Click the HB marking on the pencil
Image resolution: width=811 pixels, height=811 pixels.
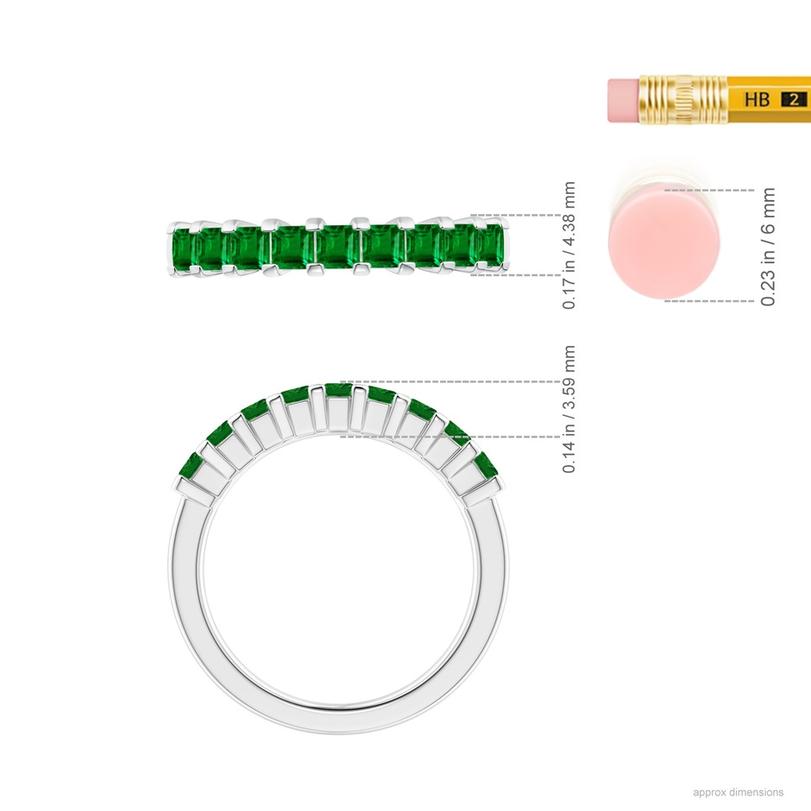[757, 99]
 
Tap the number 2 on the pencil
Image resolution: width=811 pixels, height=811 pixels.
[794, 99]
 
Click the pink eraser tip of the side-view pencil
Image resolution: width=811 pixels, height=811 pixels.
[624, 100]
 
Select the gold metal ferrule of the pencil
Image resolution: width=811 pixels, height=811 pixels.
[683, 100]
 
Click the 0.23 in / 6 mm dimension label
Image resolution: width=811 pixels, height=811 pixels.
[768, 247]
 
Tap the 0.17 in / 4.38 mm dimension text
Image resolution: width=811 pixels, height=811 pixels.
[569, 246]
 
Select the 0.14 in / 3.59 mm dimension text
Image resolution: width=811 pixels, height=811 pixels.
[569, 409]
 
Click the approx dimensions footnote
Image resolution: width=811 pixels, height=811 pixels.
[738, 792]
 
